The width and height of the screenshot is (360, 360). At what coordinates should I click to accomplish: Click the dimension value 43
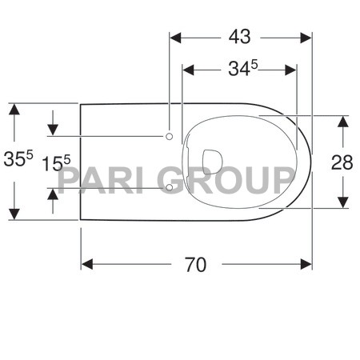(239, 36)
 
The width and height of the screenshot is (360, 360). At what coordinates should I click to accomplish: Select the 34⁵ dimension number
(240, 70)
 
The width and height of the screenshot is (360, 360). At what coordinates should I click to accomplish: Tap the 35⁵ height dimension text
(18, 159)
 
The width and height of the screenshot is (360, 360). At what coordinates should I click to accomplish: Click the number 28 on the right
(342, 162)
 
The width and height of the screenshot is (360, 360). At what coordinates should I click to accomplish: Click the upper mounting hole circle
(169, 137)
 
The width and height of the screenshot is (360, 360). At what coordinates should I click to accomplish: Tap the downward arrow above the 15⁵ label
(54, 129)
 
